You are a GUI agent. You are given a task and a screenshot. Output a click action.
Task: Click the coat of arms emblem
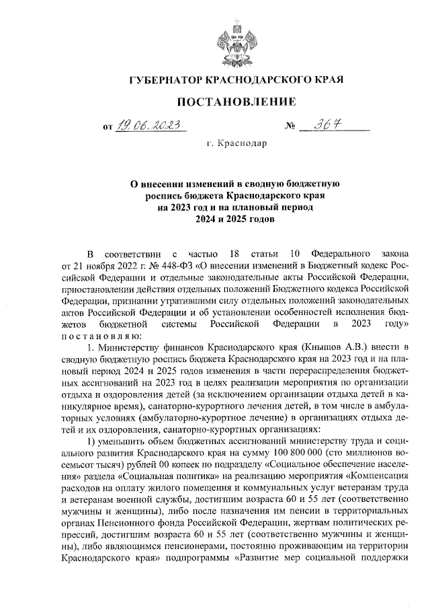coord(236,40)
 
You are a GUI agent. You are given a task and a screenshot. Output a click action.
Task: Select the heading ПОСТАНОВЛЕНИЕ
coord(236,102)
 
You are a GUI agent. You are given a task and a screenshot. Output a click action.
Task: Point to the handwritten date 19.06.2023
coord(149,125)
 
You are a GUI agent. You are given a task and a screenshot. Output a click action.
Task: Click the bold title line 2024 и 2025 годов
coord(236,219)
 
